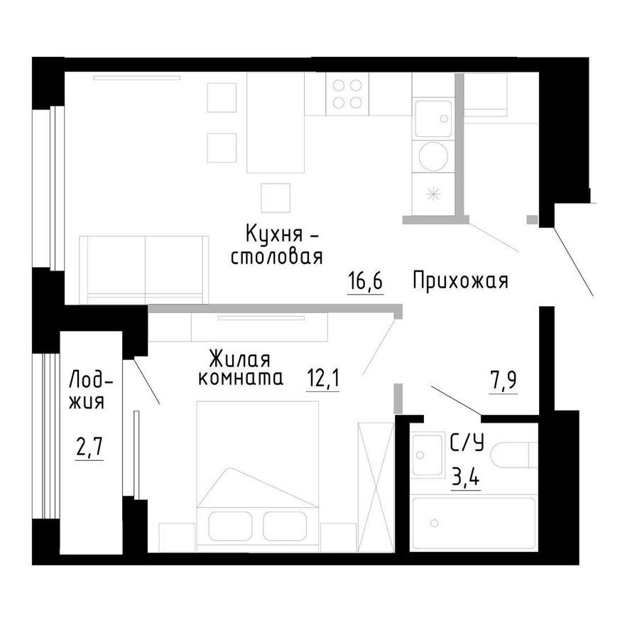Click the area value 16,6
coord(365,281)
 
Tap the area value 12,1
coord(323,378)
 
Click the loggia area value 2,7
coord(89,448)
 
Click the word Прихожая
coord(460,281)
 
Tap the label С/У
coord(467,445)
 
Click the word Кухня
coord(276,233)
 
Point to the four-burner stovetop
coord(346,94)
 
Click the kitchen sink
coord(433,119)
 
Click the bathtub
coord(474,523)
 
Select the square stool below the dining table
coord(276,197)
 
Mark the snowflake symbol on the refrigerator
coord(432,193)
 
